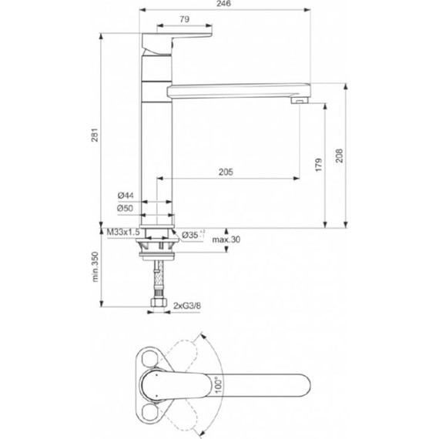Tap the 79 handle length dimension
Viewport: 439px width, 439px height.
[x=184, y=18]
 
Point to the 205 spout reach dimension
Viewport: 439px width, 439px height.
[x=226, y=173]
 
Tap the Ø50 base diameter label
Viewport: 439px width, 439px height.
[x=126, y=209]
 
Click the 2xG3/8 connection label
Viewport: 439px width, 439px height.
[x=187, y=306]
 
